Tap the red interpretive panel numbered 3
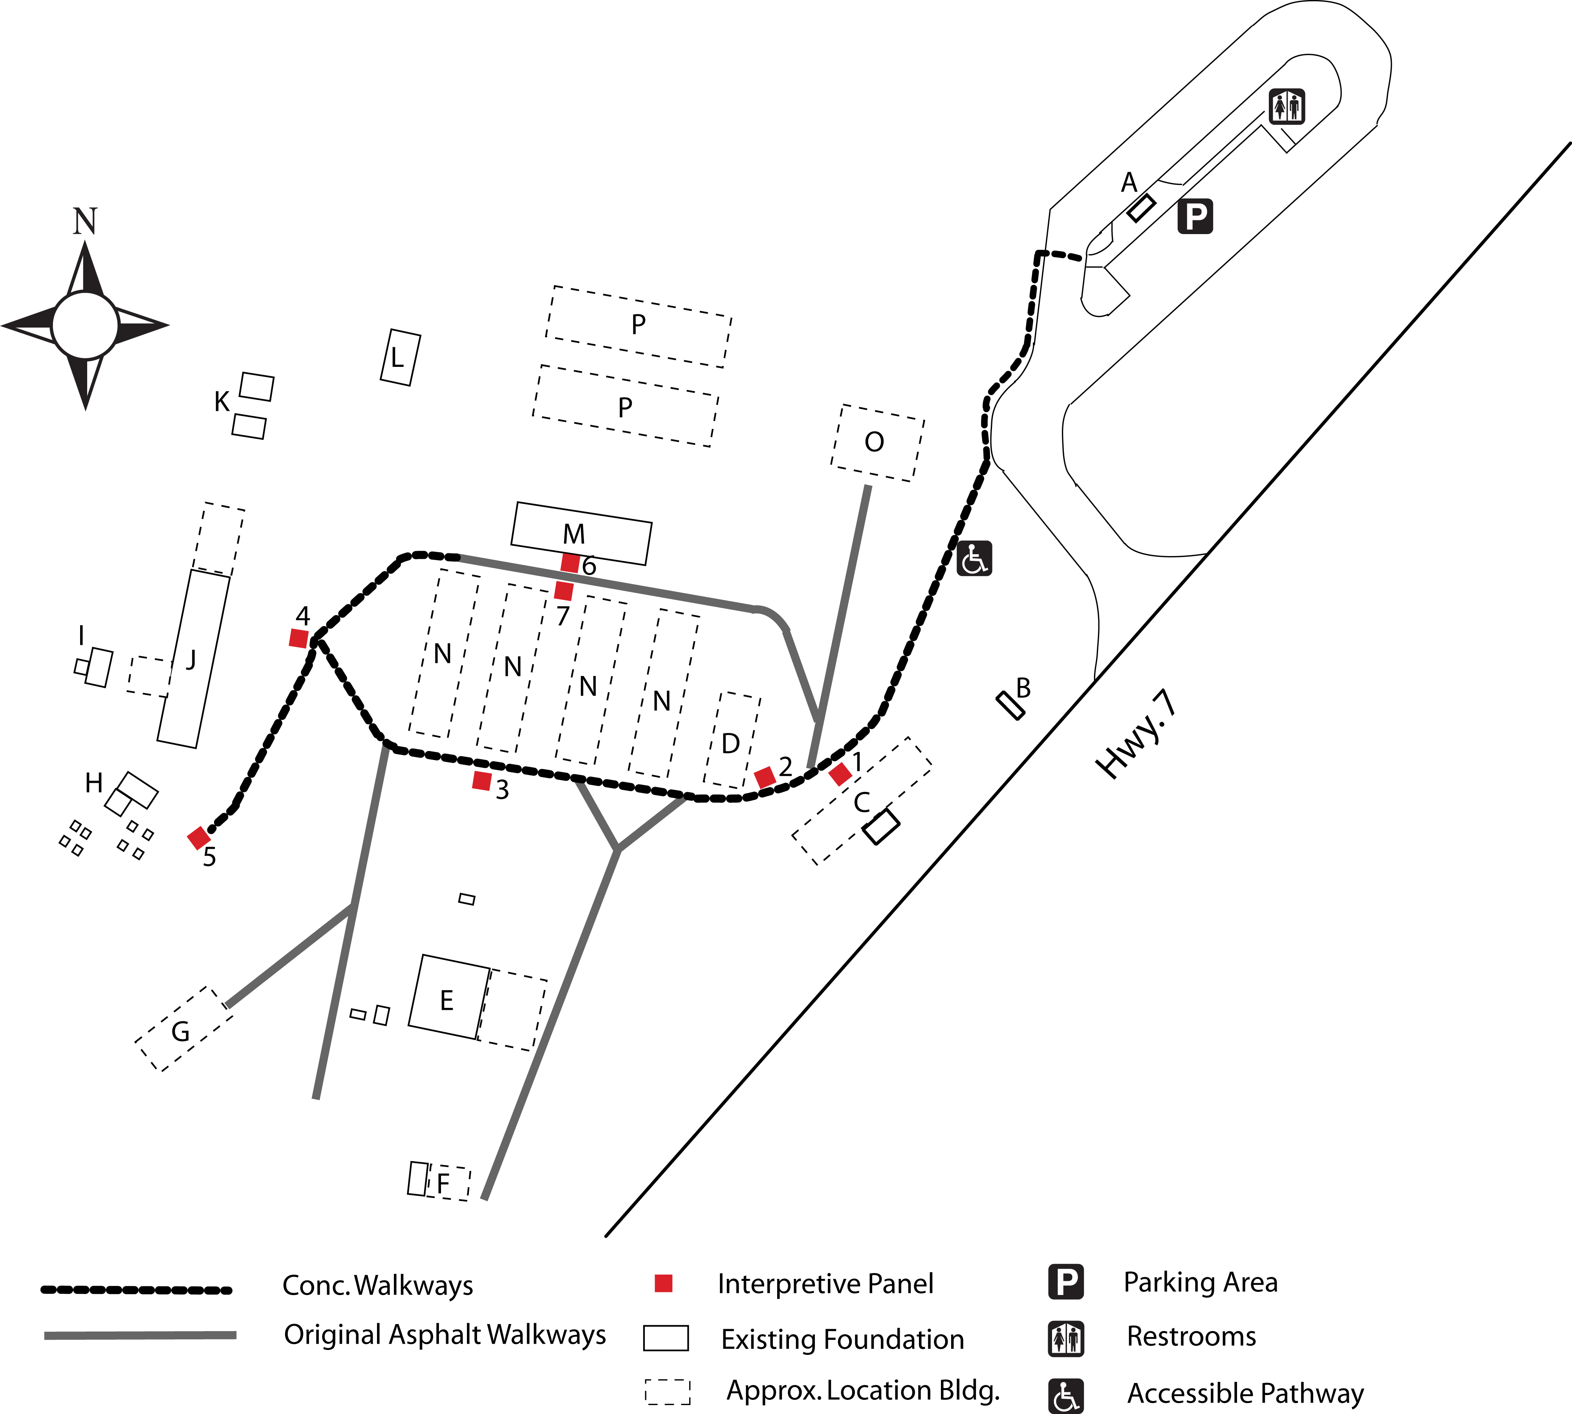[481, 781]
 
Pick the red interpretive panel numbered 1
[840, 774]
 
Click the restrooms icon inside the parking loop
[1287, 106]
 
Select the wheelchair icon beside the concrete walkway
[974, 559]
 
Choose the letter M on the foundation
[574, 535]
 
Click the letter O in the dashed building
[875, 442]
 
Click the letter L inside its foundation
[398, 358]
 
